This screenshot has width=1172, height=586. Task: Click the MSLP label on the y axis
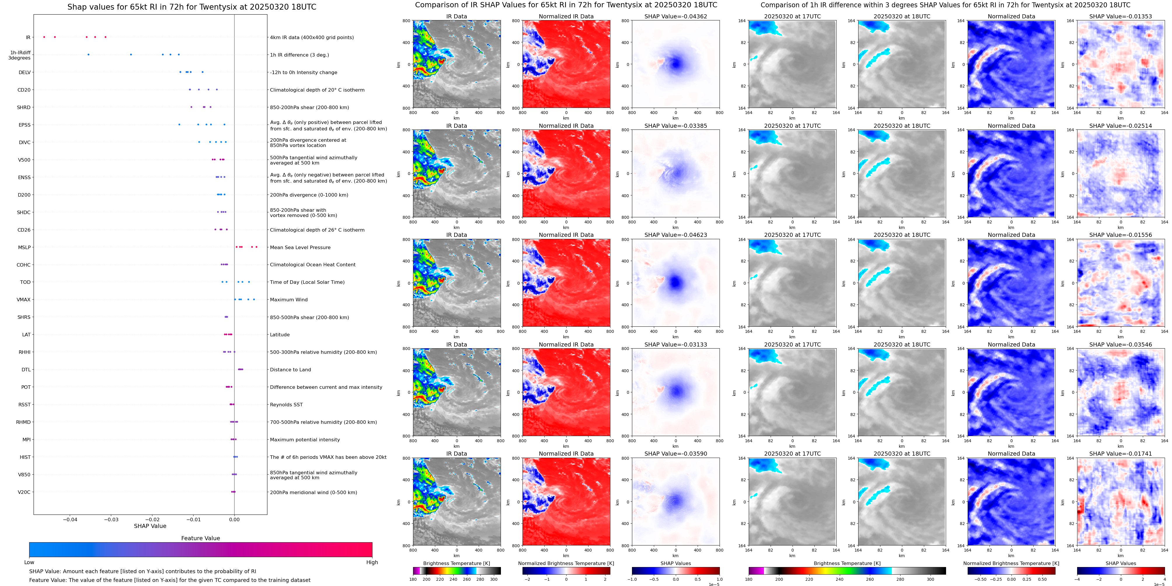pos(24,247)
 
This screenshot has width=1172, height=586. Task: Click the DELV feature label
pos(25,72)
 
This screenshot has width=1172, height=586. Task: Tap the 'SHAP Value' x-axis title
pos(150,526)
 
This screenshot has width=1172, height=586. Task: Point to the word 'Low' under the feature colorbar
pos(29,562)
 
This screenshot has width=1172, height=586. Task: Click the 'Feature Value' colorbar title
pos(200,538)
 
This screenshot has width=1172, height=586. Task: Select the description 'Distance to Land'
pos(290,370)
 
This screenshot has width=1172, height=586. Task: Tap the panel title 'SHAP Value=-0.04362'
pos(676,16)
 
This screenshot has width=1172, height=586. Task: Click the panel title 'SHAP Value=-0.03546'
pos(1121,344)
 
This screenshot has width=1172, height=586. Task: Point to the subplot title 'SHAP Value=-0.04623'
pos(676,235)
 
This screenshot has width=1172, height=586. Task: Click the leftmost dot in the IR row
pos(44,37)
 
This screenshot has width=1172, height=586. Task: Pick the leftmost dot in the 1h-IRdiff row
pos(88,55)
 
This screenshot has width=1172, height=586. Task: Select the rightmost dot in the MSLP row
pos(257,247)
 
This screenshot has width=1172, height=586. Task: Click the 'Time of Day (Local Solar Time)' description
pos(307,282)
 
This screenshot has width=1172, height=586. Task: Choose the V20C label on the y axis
pos(24,492)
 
